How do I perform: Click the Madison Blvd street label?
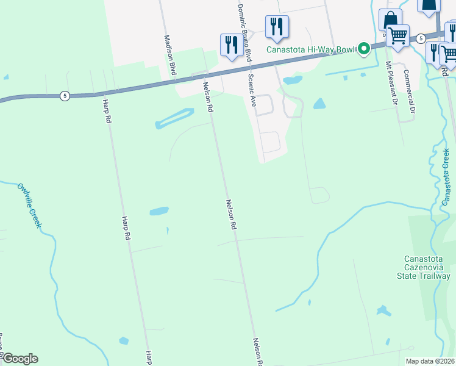[x=170, y=54]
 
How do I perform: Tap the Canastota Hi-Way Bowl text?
[x=311, y=49]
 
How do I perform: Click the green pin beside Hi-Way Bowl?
[x=364, y=48]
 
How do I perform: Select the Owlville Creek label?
[x=29, y=206]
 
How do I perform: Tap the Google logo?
[x=20, y=359]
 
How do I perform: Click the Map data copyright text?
[x=430, y=361]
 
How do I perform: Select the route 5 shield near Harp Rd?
[x=65, y=96]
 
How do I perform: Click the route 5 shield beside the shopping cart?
[x=421, y=38]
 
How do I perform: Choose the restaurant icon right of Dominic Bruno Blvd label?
[x=277, y=26]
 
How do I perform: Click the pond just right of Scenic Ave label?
[x=293, y=80]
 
